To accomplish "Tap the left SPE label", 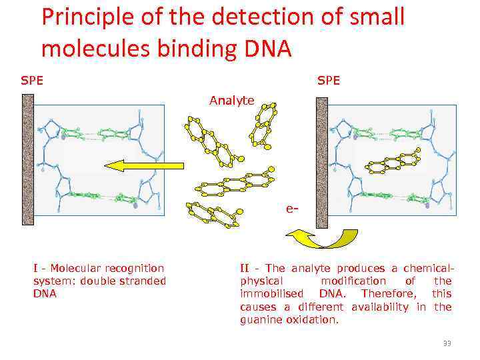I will [x=32, y=81].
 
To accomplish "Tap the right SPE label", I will [x=329, y=81].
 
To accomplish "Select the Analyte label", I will [x=231, y=101].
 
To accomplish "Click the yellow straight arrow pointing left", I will [x=144, y=165].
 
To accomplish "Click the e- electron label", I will [x=291, y=209].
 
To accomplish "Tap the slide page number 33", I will [x=447, y=343].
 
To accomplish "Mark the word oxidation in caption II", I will [x=314, y=320].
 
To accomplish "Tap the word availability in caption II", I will [x=385, y=307].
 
